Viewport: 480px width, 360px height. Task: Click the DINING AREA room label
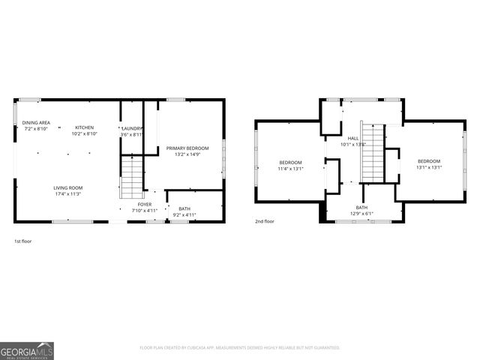click(36, 122)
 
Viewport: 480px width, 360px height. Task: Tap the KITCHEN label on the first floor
click(84, 128)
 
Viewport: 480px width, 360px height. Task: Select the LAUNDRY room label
click(132, 128)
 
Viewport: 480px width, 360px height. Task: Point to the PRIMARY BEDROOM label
click(187, 148)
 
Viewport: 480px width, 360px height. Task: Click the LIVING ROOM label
click(67, 187)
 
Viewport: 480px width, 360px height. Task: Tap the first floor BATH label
click(184, 209)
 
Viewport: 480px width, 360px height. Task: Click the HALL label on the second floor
click(352, 138)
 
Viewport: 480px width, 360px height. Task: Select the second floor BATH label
click(361, 208)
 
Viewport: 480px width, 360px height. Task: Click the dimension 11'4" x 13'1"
click(291, 169)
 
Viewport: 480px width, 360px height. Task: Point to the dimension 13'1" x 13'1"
click(429, 167)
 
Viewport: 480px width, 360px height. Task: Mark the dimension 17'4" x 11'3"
click(67, 194)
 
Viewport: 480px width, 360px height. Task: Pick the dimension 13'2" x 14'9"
click(187, 154)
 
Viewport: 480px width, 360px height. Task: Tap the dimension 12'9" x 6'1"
click(361, 214)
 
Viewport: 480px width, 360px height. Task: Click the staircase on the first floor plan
click(131, 177)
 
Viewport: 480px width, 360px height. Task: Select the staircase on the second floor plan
click(372, 153)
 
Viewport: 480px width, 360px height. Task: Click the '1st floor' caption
click(23, 241)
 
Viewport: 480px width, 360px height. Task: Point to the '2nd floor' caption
click(264, 222)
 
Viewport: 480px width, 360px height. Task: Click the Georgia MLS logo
click(27, 350)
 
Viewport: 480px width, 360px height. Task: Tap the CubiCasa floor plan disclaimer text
click(240, 348)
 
